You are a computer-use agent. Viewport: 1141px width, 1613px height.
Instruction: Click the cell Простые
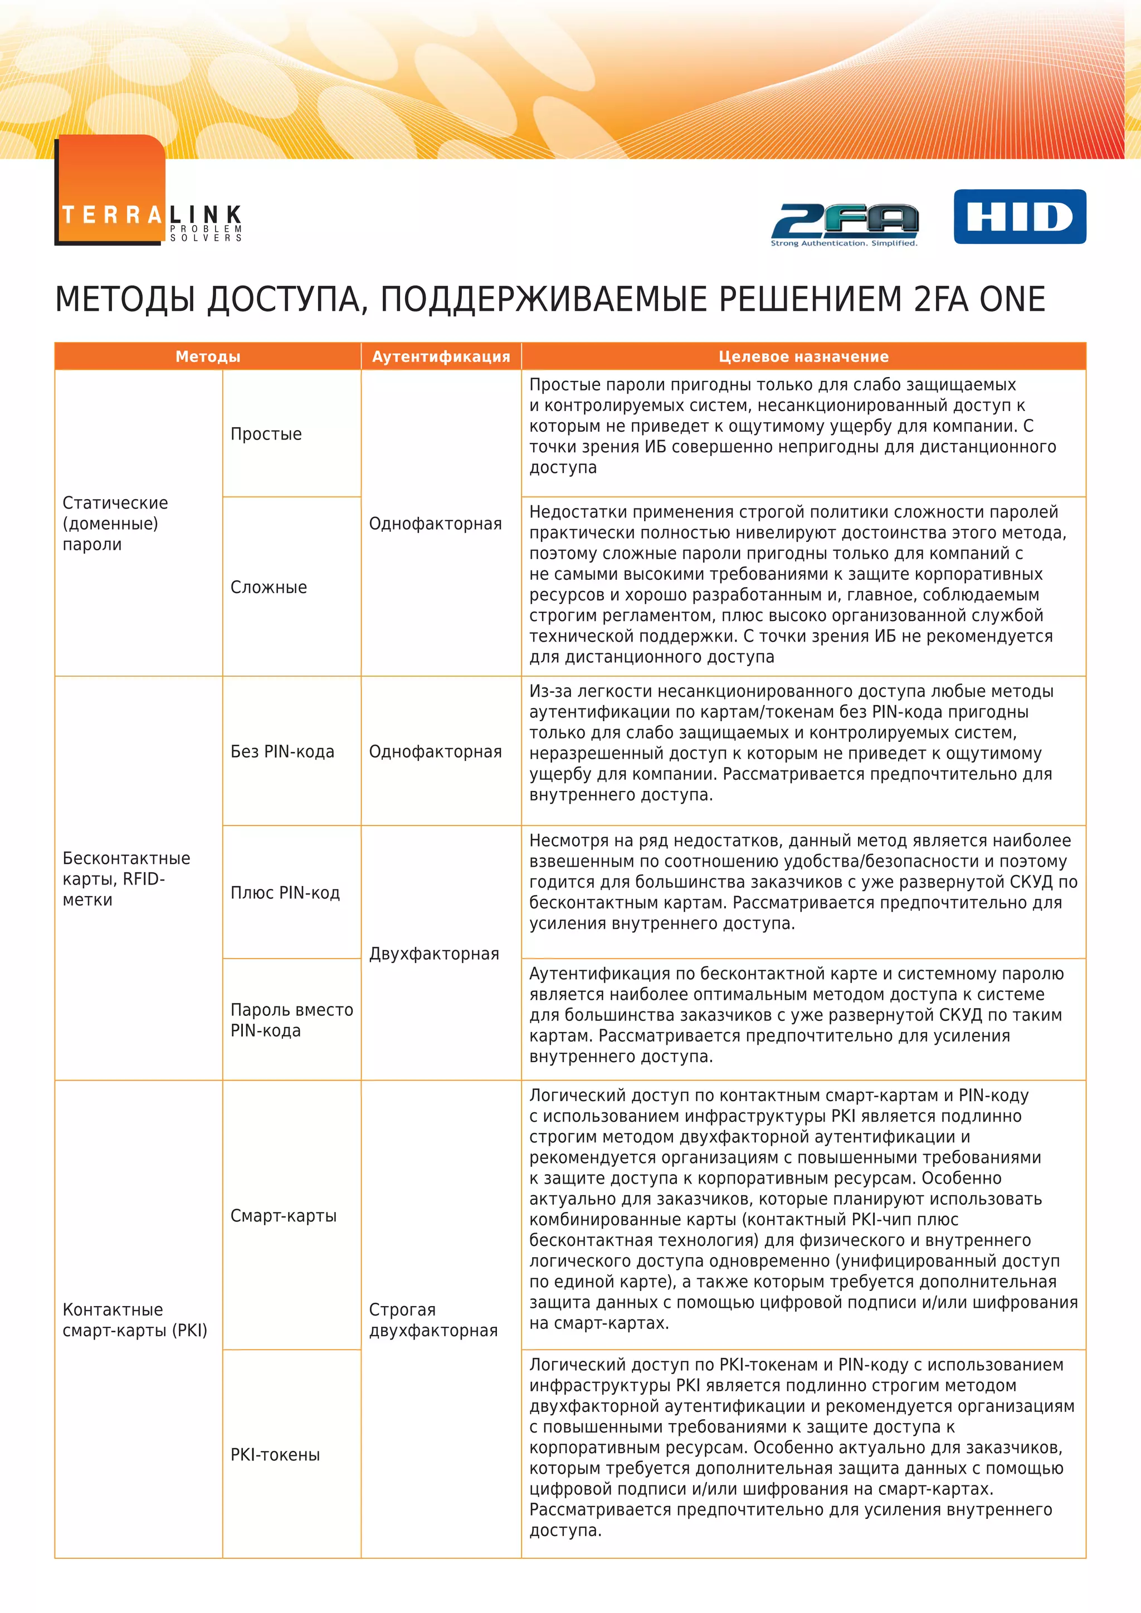[266, 434]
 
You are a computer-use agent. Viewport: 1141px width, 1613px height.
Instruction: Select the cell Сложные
[269, 587]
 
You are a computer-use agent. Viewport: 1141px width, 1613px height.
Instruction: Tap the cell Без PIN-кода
[282, 752]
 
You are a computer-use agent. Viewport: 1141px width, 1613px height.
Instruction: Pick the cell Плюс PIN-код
[285, 893]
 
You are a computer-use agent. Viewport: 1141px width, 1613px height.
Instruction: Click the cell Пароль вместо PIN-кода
[291, 1020]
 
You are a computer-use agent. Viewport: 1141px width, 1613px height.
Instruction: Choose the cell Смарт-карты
[283, 1216]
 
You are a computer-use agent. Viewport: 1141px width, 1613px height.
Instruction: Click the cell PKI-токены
[275, 1455]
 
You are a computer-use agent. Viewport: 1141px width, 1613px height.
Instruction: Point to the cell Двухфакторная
[433, 954]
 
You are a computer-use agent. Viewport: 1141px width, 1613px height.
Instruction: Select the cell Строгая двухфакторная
[433, 1320]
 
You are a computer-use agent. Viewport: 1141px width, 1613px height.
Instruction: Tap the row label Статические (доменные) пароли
[115, 524]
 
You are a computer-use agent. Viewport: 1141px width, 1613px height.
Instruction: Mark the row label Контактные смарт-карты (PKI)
[134, 1320]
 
